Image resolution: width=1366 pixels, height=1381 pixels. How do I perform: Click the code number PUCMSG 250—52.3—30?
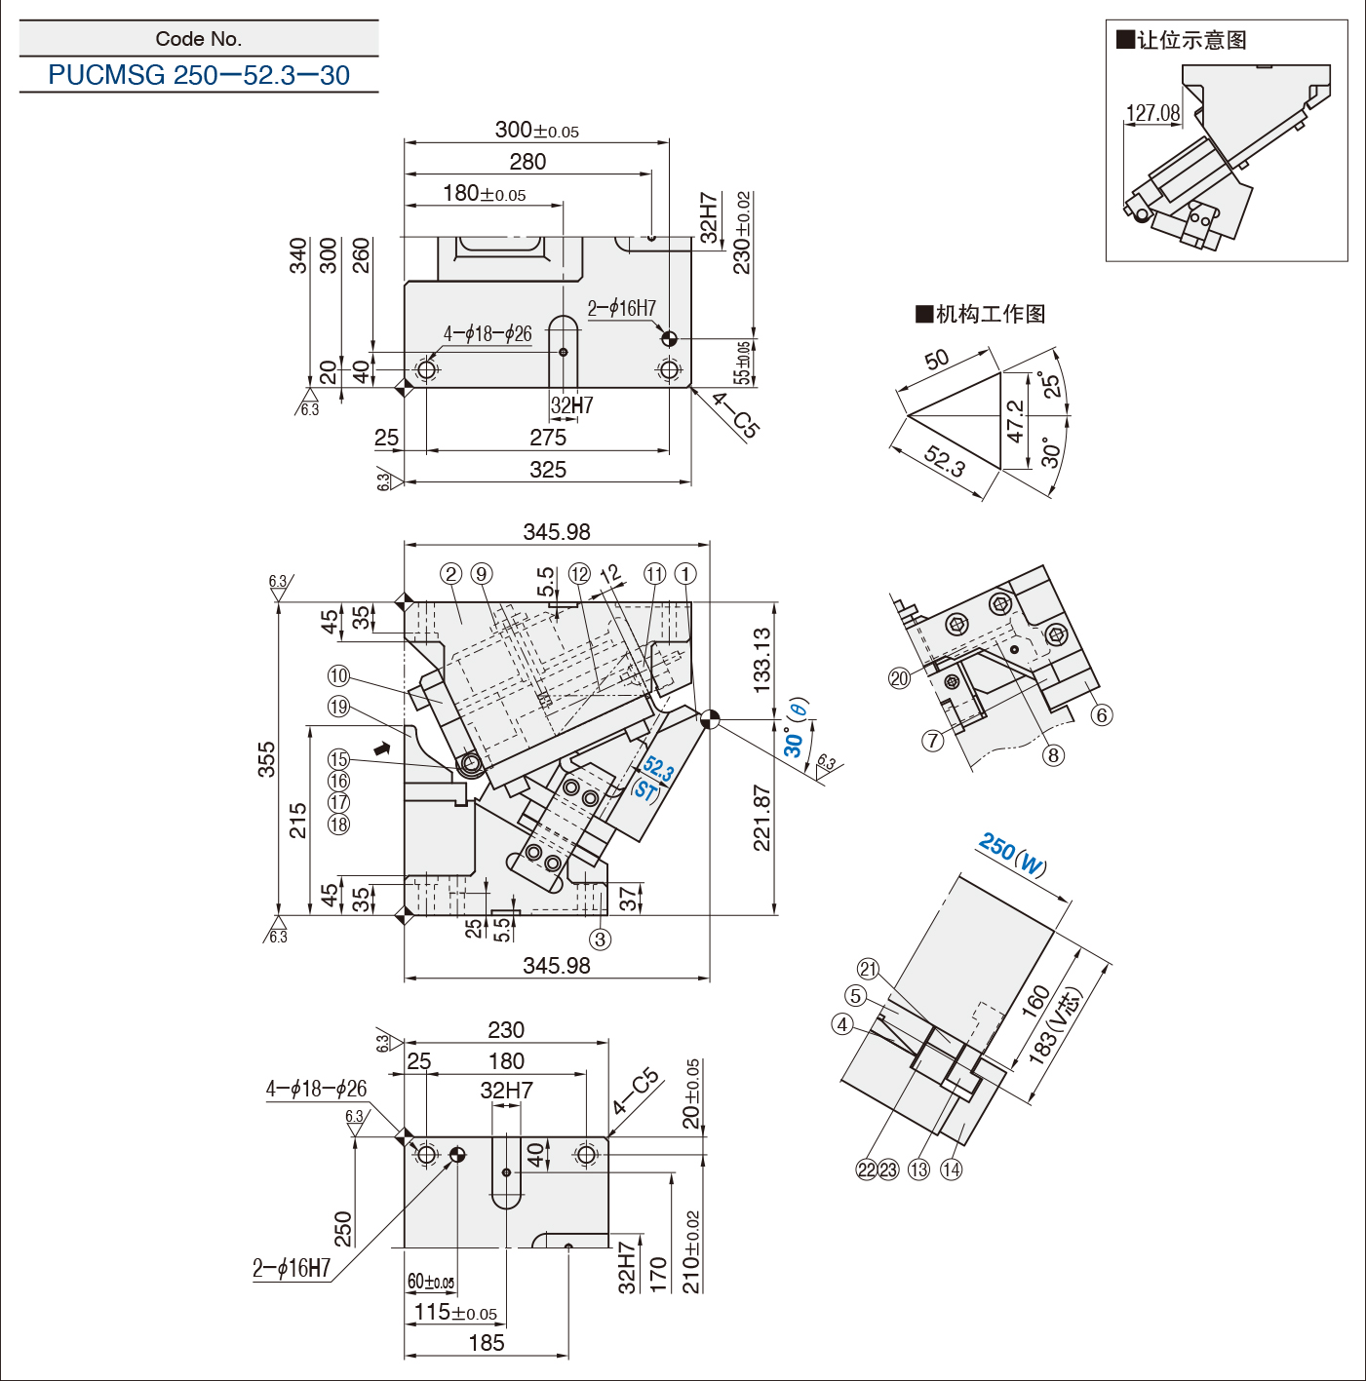[199, 75]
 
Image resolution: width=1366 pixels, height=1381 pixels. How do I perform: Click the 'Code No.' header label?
[199, 39]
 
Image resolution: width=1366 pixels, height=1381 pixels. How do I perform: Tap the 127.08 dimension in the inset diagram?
[1152, 113]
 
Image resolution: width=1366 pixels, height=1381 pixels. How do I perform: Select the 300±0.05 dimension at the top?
[536, 130]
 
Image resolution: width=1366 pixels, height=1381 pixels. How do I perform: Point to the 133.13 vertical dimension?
[762, 660]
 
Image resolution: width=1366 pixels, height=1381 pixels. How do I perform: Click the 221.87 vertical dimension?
[762, 818]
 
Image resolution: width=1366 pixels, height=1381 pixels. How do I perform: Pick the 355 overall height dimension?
[266, 759]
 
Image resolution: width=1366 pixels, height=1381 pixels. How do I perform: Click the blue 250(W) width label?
[1013, 854]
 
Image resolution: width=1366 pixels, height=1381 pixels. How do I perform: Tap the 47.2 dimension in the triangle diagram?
[1015, 421]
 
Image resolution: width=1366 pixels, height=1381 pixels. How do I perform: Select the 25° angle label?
[1050, 384]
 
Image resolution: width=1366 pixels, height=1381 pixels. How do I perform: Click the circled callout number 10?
[338, 676]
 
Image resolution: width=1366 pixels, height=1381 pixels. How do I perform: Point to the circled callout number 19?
[338, 707]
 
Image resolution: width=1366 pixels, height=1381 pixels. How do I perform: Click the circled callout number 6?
[1102, 715]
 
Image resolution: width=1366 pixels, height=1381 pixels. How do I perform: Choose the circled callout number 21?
[868, 969]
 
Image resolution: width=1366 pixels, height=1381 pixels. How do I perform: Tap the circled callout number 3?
[600, 940]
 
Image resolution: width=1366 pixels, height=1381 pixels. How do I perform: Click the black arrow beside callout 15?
[382, 748]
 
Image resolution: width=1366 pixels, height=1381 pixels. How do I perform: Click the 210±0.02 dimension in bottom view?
[691, 1252]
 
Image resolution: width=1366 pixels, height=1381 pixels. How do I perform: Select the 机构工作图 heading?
[981, 314]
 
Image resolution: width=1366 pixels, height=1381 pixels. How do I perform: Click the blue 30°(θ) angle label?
[796, 728]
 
